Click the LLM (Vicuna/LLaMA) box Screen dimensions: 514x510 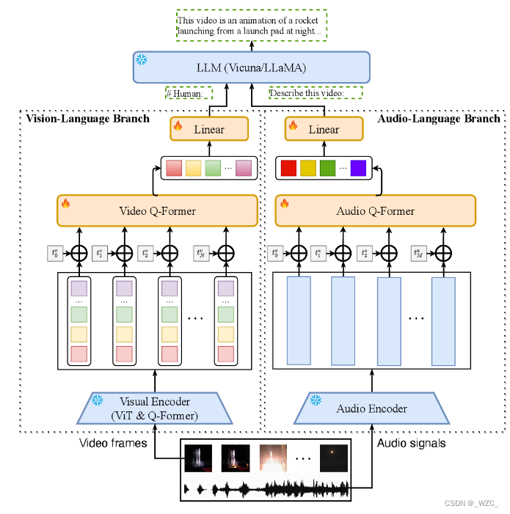pyautogui.click(x=250, y=67)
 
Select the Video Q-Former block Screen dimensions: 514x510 pyautogui.click(x=157, y=211)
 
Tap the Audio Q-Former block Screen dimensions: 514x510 pyautogui.click(x=375, y=211)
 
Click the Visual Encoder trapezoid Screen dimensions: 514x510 pyautogui.click(x=154, y=408)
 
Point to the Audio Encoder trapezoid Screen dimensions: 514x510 pyautogui.click(x=371, y=408)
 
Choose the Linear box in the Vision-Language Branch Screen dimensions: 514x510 pyautogui.click(x=209, y=130)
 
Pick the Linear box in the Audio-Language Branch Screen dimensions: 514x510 pyautogui.click(x=324, y=130)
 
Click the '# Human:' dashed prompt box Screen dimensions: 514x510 pyautogui.click(x=188, y=93)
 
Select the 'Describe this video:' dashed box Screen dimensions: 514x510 pyautogui.click(x=315, y=93)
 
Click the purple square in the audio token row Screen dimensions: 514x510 pyautogui.click(x=357, y=168)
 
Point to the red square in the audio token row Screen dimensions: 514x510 pyautogui.click(x=288, y=168)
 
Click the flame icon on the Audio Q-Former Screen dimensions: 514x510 pyautogui.click(x=283, y=203)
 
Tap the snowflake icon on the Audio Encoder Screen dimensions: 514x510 pyautogui.click(x=317, y=400)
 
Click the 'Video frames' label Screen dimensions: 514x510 pyautogui.click(x=112, y=444)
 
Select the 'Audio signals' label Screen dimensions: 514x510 pyautogui.click(x=411, y=444)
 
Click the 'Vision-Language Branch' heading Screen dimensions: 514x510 pyautogui.click(x=87, y=118)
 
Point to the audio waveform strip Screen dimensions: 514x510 pyautogui.click(x=265, y=488)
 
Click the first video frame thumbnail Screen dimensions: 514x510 pyautogui.click(x=198, y=459)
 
